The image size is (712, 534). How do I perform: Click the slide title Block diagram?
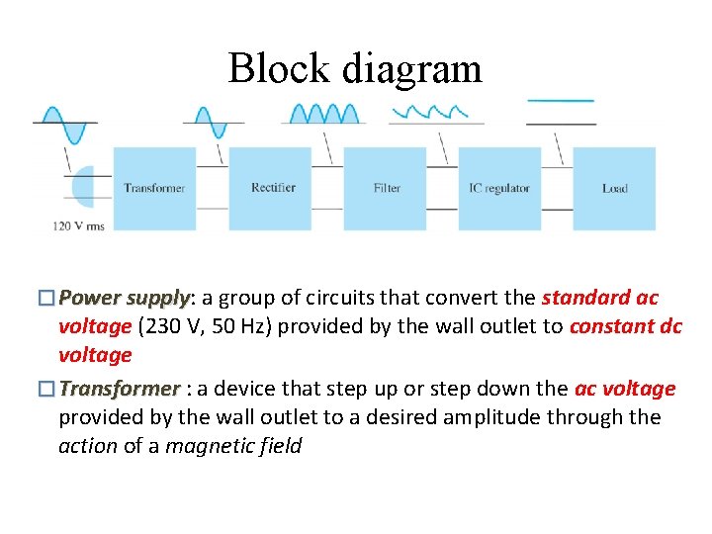[355, 68]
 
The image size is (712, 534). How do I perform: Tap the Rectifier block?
[270, 189]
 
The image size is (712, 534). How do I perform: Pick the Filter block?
[386, 189]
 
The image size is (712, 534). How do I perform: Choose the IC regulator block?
[499, 189]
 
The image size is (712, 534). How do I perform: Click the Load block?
[614, 189]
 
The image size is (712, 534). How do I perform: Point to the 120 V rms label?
[78, 225]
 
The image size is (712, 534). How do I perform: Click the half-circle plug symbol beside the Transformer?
[83, 185]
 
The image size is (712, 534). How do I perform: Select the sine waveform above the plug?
[65, 122]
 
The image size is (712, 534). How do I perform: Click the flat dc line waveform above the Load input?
[561, 101]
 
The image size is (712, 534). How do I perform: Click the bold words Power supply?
[124, 298]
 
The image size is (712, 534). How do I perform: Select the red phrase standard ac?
[599, 298]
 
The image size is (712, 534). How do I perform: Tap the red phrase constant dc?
[625, 327]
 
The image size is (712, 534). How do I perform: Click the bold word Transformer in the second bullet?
[120, 389]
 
